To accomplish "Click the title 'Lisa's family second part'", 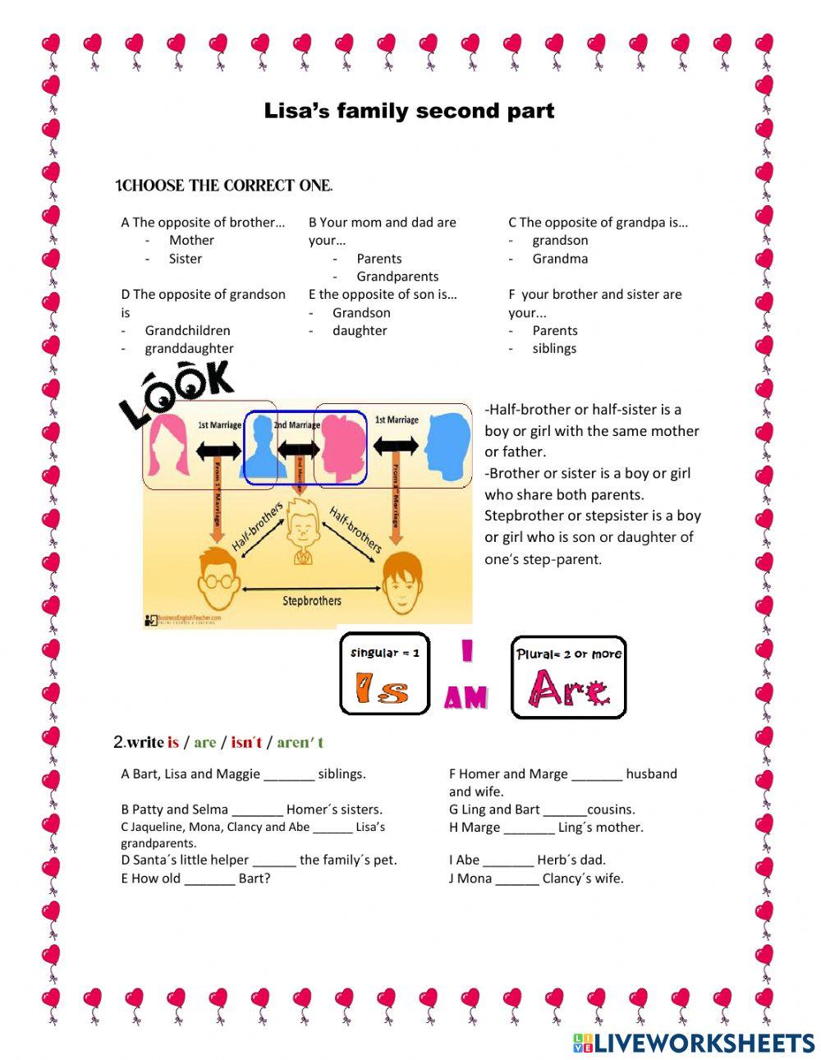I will pos(409,111).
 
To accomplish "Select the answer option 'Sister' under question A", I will pos(185,259).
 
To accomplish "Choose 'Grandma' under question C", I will pos(560,259).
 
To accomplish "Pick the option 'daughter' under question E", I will pos(360,331).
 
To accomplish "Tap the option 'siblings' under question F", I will pos(554,349).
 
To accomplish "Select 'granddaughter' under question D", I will pos(189,349).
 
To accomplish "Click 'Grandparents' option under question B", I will pos(397,277).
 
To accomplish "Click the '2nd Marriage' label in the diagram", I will pos(296,425).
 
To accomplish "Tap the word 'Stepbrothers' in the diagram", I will pos(311,601).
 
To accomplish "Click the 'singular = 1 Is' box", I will pos(384,673).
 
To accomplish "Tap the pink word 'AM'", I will pos(466,698).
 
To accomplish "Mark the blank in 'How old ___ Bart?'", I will pos(209,879).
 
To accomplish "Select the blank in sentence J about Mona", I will pos(517,879).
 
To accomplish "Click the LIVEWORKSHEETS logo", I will pos(693,1043).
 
